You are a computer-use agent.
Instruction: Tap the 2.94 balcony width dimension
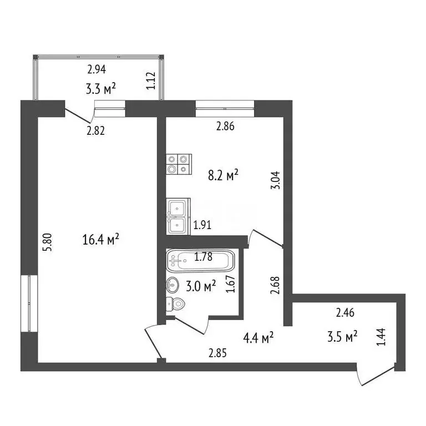(x=97, y=70)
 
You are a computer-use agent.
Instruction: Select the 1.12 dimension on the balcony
(x=150, y=81)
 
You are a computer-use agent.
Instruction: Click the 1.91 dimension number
(x=202, y=225)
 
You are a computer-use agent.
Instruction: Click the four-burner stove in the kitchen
(x=179, y=165)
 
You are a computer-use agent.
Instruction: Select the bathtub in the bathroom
(x=200, y=260)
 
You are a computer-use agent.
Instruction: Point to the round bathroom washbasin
(x=173, y=286)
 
